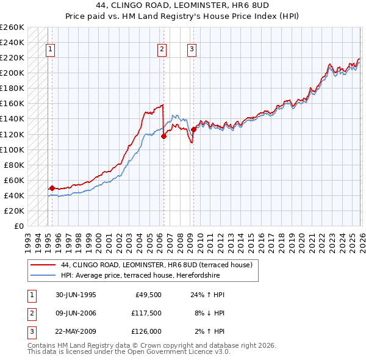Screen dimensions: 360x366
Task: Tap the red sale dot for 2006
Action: (163, 136)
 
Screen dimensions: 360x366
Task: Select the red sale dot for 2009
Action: (193, 129)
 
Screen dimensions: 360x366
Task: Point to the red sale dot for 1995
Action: (52, 188)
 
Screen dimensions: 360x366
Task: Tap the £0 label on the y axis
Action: (18, 226)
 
